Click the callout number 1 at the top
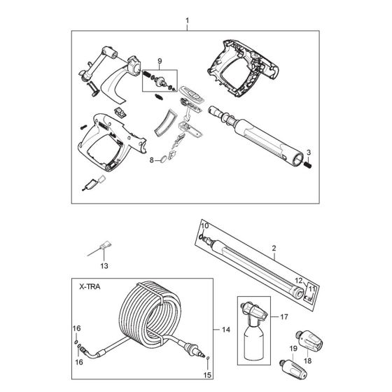[x=187, y=20]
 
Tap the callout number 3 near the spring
[x=309, y=152]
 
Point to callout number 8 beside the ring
[x=151, y=160]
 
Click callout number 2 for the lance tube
[x=274, y=248]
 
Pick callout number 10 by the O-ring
[x=205, y=225]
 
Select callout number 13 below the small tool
[x=104, y=267]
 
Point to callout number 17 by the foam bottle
[x=284, y=316]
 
